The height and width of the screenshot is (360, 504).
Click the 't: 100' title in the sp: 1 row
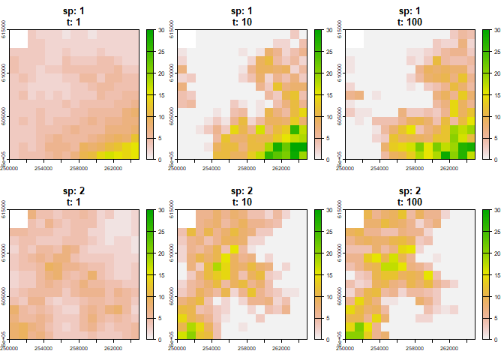(x=410, y=22)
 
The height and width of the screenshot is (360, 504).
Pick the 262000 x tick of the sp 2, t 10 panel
(x=282, y=345)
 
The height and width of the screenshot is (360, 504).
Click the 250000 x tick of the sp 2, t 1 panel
(x=9, y=345)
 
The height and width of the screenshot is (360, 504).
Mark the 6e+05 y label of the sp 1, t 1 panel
(x=5, y=154)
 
